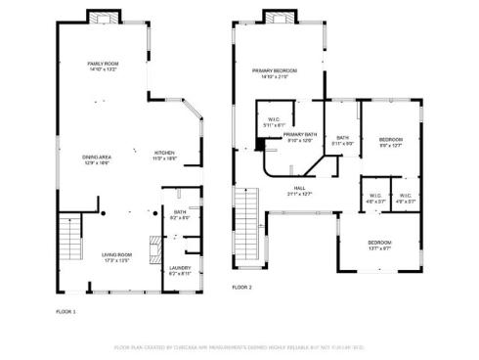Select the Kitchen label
tap(165, 155)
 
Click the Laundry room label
tap(180, 270)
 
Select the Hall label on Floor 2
tap(299, 192)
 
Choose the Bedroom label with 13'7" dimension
tap(379, 246)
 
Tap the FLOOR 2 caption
tap(241, 288)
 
